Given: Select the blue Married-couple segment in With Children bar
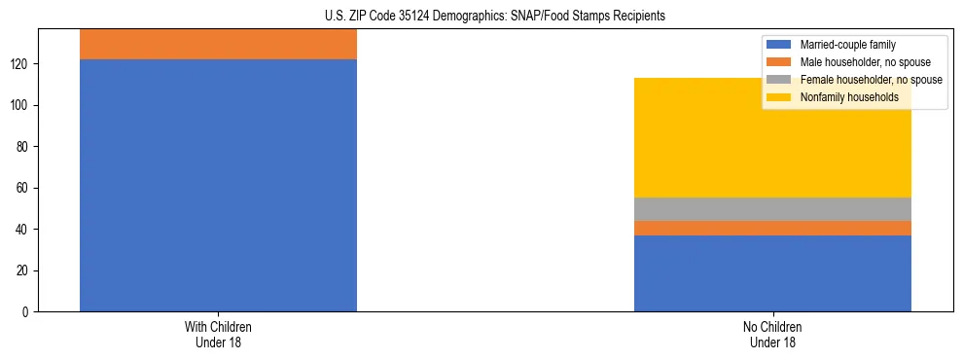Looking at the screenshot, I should tap(218, 185).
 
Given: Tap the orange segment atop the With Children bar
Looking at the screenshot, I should tap(218, 45).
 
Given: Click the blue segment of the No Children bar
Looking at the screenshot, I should tap(772, 272).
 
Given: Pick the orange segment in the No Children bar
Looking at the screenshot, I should tap(772, 228).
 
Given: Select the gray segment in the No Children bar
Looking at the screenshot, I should tap(772, 209).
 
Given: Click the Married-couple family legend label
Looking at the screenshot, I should tap(847, 45).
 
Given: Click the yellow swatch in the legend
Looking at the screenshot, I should tap(779, 97).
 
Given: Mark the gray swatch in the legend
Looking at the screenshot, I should tap(779, 80).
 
